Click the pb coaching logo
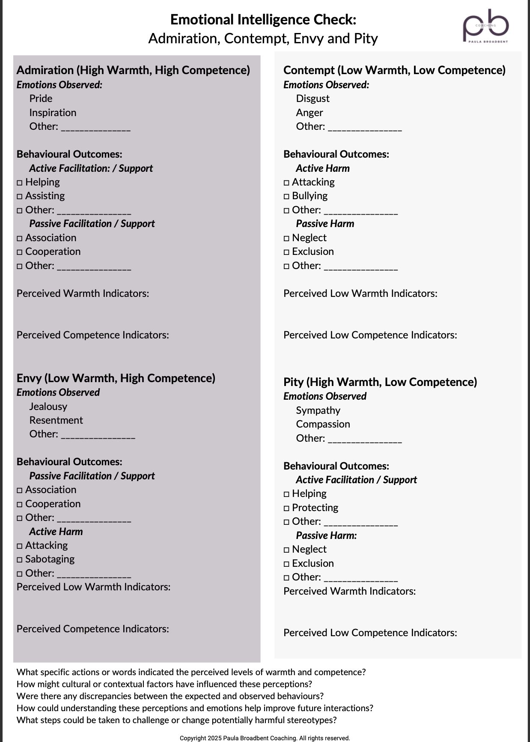click(x=486, y=26)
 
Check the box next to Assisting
click(x=20, y=197)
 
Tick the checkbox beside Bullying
click(x=286, y=197)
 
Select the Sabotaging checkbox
click(x=20, y=560)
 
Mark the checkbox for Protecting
click(x=286, y=509)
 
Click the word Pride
click(x=41, y=99)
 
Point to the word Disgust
click(x=313, y=99)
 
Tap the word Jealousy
click(x=48, y=407)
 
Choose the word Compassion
click(x=323, y=424)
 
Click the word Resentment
click(x=56, y=420)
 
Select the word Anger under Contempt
click(x=309, y=113)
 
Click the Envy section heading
click(x=116, y=378)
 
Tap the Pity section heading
click(x=380, y=382)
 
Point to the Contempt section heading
click(x=394, y=70)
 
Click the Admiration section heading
click(x=133, y=70)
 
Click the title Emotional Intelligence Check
click(x=263, y=20)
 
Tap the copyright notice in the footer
click(x=265, y=738)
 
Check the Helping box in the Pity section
click(x=286, y=494)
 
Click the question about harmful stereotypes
click(x=176, y=720)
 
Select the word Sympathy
click(x=318, y=410)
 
